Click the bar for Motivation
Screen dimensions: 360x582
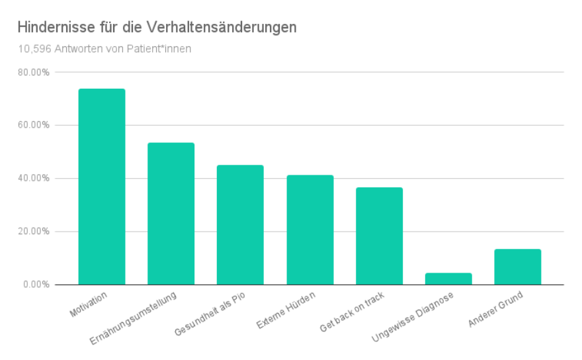[x=101, y=187]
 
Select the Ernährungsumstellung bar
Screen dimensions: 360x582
[x=171, y=214]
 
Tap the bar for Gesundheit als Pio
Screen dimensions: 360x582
[x=240, y=225]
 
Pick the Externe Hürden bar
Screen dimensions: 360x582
[x=310, y=230]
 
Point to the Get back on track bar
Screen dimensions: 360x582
[x=379, y=236]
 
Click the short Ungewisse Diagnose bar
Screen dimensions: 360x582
[x=448, y=279]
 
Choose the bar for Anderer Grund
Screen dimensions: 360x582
[x=517, y=267]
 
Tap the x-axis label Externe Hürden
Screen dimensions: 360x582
[x=286, y=308]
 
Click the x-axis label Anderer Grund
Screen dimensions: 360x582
[x=495, y=308]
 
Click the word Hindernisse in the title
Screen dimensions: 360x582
[x=50, y=28]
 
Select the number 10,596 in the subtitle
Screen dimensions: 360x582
[x=32, y=49]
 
